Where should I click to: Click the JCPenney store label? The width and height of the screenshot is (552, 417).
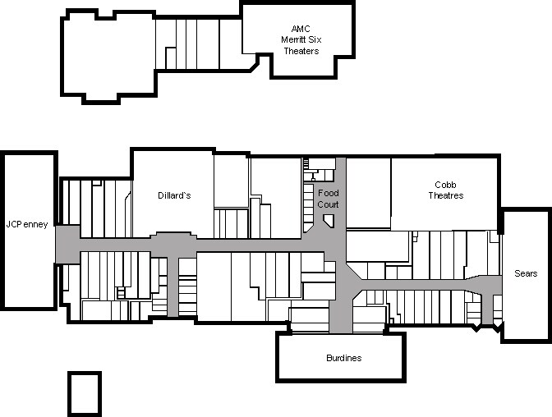(27, 225)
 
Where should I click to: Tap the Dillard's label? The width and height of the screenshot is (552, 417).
(174, 195)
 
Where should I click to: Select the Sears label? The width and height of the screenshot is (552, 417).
(526, 273)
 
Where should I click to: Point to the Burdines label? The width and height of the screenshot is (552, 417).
(344, 358)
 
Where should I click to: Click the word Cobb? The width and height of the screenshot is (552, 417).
(446, 185)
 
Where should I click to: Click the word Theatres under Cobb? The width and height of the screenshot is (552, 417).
(446, 195)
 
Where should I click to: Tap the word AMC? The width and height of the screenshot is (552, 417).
(301, 29)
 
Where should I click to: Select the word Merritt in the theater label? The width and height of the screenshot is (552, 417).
(293, 39)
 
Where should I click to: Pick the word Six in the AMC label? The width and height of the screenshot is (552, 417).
(315, 39)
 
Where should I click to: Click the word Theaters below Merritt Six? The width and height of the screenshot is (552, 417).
(301, 51)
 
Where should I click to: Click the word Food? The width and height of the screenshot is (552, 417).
(329, 193)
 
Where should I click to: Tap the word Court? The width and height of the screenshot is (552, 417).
(328, 204)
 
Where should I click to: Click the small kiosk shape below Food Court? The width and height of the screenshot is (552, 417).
(329, 222)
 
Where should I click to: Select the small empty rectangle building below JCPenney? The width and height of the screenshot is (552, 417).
(85, 394)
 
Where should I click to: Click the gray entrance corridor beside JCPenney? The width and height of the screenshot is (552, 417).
(68, 245)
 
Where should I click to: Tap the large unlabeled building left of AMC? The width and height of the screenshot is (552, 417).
(108, 57)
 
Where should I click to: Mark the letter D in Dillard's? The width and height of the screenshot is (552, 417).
(160, 195)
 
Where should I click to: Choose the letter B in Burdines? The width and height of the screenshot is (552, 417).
(329, 358)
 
